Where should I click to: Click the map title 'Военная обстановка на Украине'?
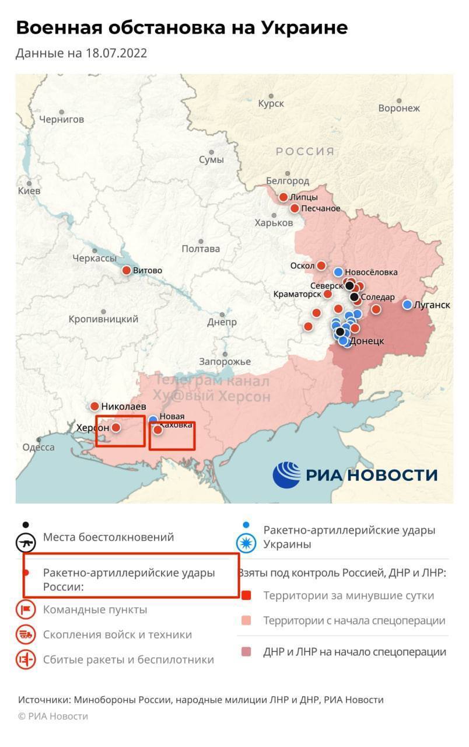click(x=181, y=27)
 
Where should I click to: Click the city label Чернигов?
click(x=61, y=119)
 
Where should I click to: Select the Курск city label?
click(x=271, y=103)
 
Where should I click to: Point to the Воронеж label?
click(x=399, y=108)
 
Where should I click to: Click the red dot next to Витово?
click(x=127, y=270)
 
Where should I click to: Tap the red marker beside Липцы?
click(x=283, y=197)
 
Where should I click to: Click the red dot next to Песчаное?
click(x=295, y=208)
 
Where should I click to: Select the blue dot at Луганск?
click(x=408, y=304)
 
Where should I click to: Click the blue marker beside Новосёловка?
click(x=338, y=271)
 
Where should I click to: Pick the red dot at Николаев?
click(x=94, y=406)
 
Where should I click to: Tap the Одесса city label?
click(x=38, y=447)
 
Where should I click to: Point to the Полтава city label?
click(x=201, y=249)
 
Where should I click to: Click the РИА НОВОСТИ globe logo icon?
click(x=286, y=474)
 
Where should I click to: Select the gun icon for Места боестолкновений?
click(x=26, y=543)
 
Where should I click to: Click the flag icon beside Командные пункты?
click(x=26, y=610)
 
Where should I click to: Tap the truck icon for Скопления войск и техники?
click(x=26, y=634)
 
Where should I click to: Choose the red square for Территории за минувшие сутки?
click(x=246, y=596)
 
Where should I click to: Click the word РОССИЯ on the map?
click(x=305, y=152)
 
